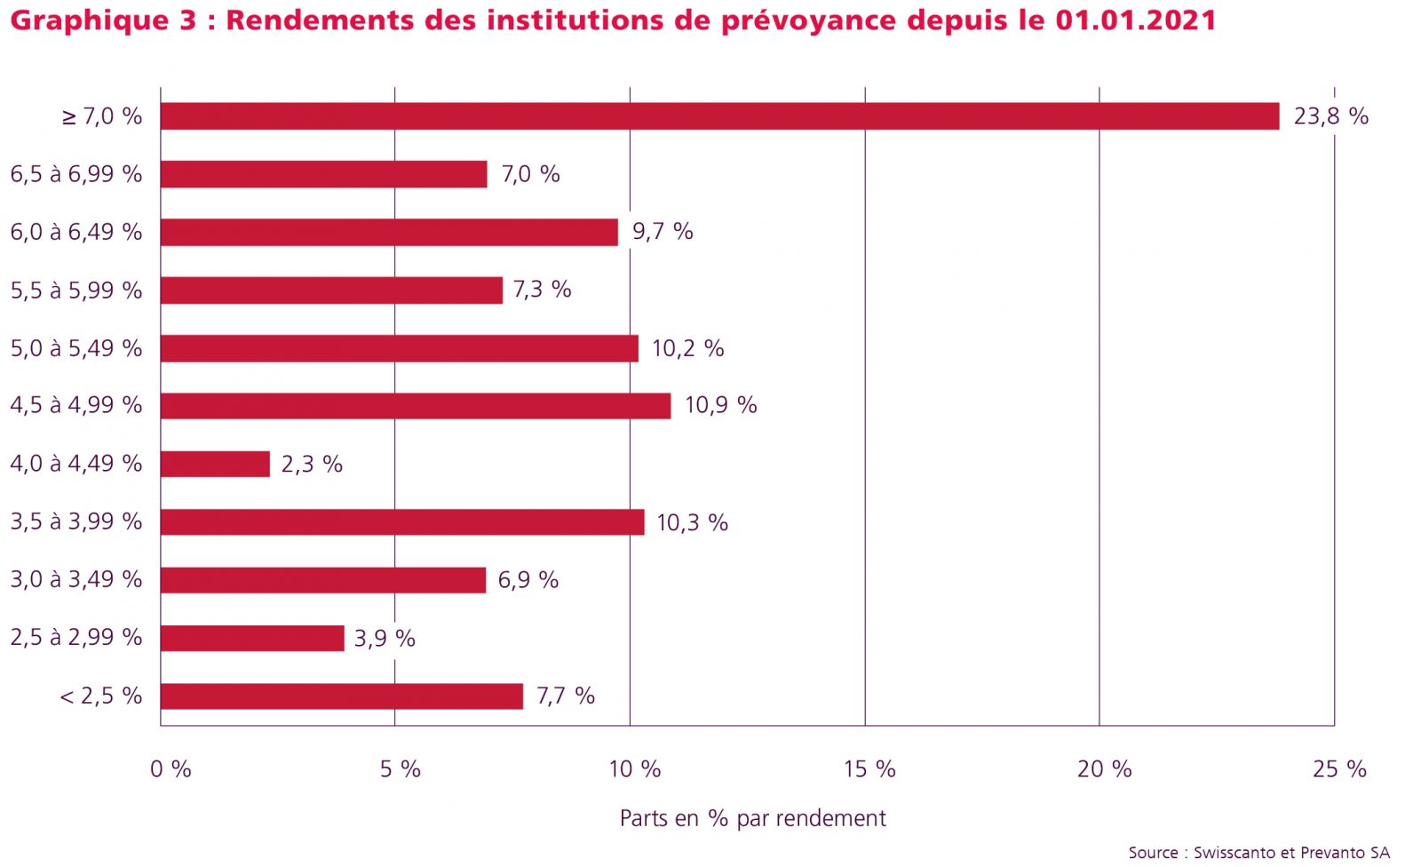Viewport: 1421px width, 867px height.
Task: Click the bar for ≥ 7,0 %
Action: [x=719, y=116]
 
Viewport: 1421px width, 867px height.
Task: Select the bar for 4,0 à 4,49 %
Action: [x=215, y=464]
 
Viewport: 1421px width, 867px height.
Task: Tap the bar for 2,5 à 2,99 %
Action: [x=252, y=638]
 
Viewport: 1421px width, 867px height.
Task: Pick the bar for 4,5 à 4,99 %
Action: [x=416, y=406]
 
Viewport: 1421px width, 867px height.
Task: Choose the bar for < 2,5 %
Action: [x=342, y=696]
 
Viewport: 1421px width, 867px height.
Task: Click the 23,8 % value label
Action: [x=1330, y=116]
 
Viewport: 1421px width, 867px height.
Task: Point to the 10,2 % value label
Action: [x=687, y=348]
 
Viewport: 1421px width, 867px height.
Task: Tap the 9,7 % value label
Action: [x=663, y=232]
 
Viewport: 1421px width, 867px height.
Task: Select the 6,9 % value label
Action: [x=528, y=580]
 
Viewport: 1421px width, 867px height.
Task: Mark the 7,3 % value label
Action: [x=542, y=290]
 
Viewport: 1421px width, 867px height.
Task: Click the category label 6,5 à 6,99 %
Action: [x=76, y=174]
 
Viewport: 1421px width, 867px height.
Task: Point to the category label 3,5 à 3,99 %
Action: [x=76, y=521]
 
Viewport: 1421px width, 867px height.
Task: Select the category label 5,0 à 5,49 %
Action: [x=76, y=348]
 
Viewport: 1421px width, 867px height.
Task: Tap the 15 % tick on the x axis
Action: [x=869, y=769]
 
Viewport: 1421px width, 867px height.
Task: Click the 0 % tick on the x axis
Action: [x=171, y=769]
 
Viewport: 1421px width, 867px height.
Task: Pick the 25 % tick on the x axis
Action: [x=1339, y=769]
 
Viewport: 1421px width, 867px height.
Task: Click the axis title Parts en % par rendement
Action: [x=752, y=818]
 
